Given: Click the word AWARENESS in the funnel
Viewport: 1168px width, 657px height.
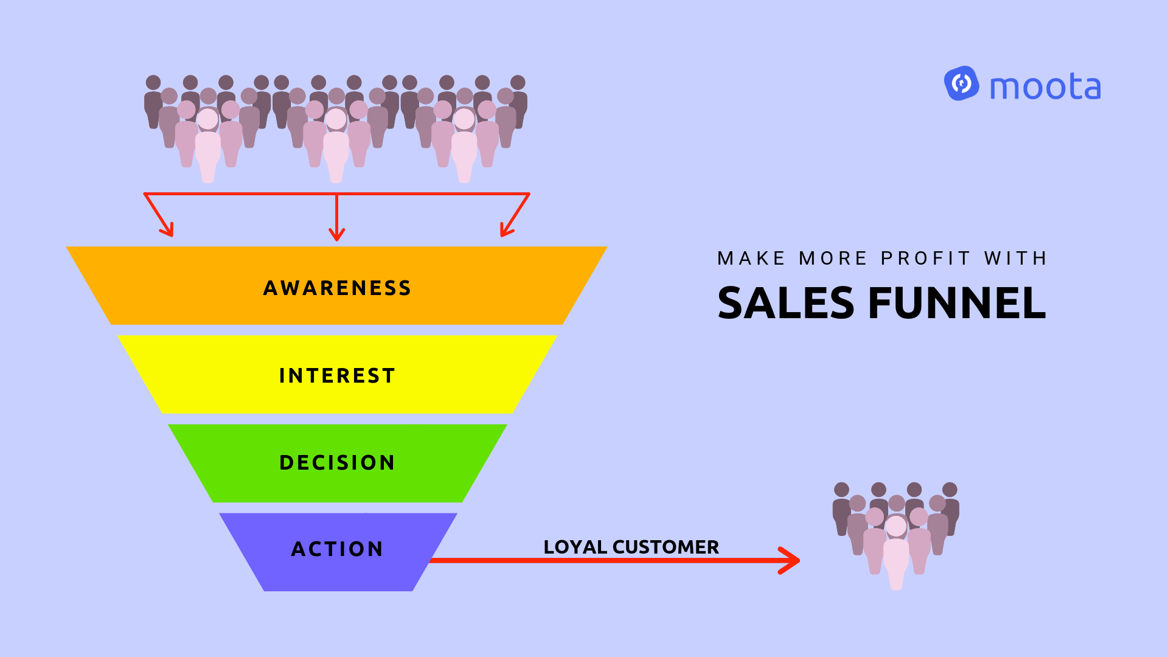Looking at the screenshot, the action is pos(337,288).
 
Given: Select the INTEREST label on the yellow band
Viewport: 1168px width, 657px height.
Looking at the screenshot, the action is pos(337,376).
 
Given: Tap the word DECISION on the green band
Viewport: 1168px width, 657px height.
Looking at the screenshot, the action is pos(337,463).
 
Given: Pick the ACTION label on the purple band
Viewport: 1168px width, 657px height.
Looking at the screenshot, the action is pos(337,549).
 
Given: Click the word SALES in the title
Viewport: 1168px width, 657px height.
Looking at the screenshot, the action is pos(786,303).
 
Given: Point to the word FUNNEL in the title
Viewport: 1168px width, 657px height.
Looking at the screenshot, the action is pos(957,303).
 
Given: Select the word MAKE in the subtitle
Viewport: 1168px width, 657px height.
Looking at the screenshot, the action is pos(751,259).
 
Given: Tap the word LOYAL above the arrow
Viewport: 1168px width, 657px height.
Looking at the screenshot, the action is pos(575,547).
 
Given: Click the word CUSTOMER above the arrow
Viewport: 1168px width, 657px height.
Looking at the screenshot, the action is pos(666,547).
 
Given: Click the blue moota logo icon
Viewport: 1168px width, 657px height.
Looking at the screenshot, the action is pos(961,84).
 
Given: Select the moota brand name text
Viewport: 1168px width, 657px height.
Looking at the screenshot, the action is pos(1045,87).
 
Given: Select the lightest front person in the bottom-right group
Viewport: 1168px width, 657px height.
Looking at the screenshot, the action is pos(896,551).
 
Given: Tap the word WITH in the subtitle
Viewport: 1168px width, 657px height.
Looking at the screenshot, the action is pos(1015,259).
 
